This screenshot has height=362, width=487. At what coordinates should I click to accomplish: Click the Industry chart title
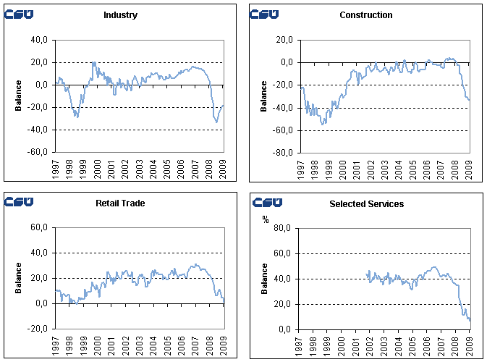120,15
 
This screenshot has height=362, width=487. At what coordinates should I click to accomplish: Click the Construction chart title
365,15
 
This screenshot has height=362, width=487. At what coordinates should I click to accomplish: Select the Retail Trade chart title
120,203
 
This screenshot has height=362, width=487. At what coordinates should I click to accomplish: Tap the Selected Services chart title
366,203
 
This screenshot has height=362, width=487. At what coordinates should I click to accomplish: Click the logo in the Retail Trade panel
20,202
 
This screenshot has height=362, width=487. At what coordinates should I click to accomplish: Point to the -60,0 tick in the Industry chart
39,153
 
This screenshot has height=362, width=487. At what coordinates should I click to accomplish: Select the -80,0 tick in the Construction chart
284,153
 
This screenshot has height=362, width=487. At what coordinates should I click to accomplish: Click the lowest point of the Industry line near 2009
216,122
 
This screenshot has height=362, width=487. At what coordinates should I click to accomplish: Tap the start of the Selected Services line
367,272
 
